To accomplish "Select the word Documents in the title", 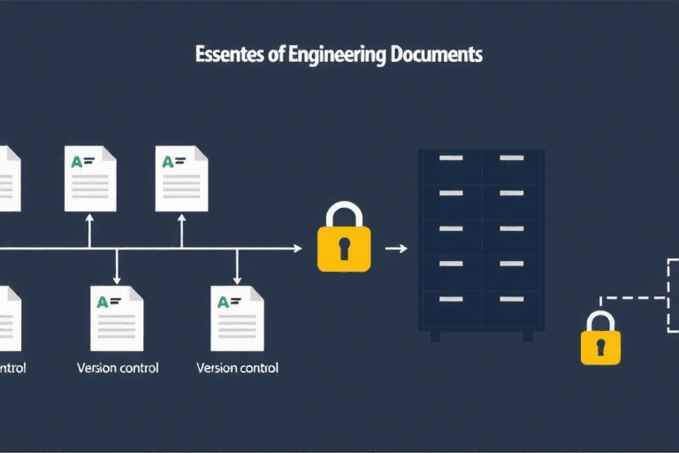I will point(434,55).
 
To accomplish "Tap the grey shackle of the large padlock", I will point(344,214).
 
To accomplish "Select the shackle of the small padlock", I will point(600,320).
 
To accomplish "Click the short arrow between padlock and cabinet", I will point(397,249).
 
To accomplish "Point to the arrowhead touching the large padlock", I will point(297,249).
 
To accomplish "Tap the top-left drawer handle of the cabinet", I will point(450,158).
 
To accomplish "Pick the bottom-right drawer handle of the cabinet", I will point(511,298).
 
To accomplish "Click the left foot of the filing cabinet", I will point(435,337).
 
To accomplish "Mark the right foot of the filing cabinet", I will point(528,337).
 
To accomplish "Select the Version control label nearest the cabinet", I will point(237,368).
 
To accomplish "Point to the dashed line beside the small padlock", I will point(632,298).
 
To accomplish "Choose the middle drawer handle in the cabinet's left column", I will point(450,228).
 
